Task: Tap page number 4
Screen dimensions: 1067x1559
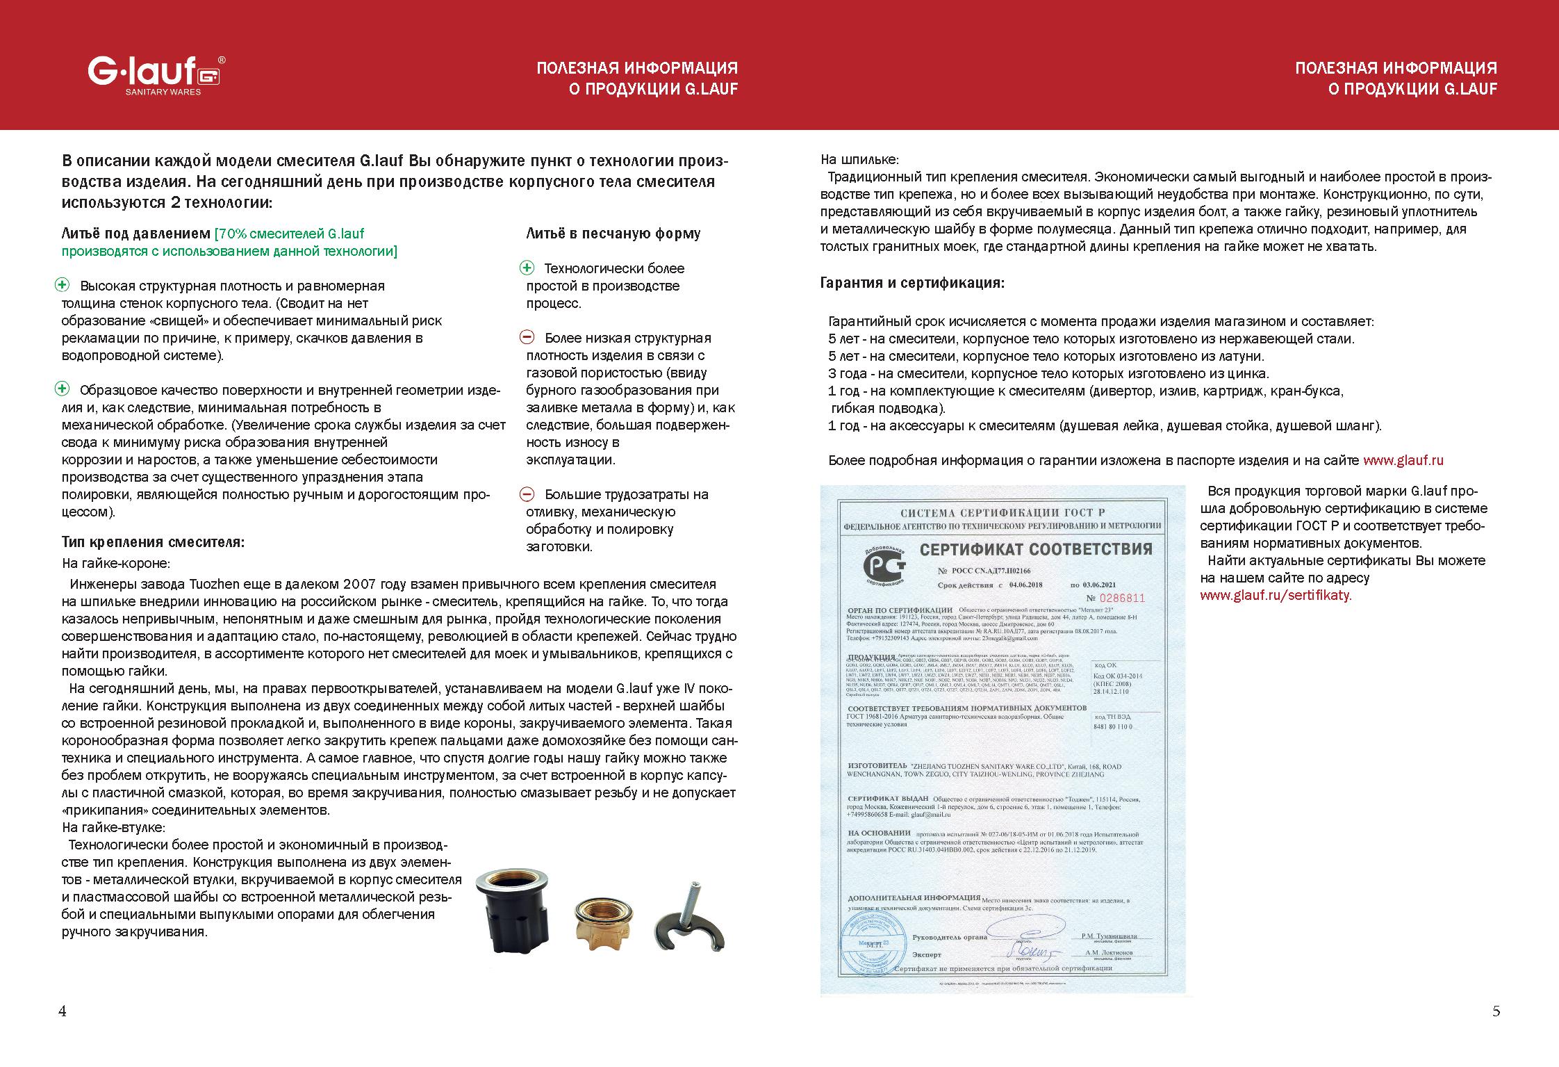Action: [x=63, y=1011]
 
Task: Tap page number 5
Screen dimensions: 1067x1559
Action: [x=1496, y=1011]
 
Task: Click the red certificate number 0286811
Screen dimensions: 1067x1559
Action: [x=1115, y=598]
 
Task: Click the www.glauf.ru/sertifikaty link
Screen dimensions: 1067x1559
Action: [x=1276, y=596]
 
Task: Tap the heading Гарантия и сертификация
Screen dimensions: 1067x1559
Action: [x=912, y=284]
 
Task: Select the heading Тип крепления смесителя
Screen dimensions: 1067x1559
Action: [x=153, y=542]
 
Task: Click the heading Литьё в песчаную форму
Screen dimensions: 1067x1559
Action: [x=613, y=234]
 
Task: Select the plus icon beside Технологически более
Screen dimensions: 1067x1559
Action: [x=528, y=268]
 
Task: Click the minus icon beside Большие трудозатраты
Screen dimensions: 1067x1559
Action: [x=528, y=494]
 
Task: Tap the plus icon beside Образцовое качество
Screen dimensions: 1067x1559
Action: [x=63, y=389]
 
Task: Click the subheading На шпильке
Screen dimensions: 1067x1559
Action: [x=859, y=159]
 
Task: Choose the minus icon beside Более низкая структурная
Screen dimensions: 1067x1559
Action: [x=528, y=338]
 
